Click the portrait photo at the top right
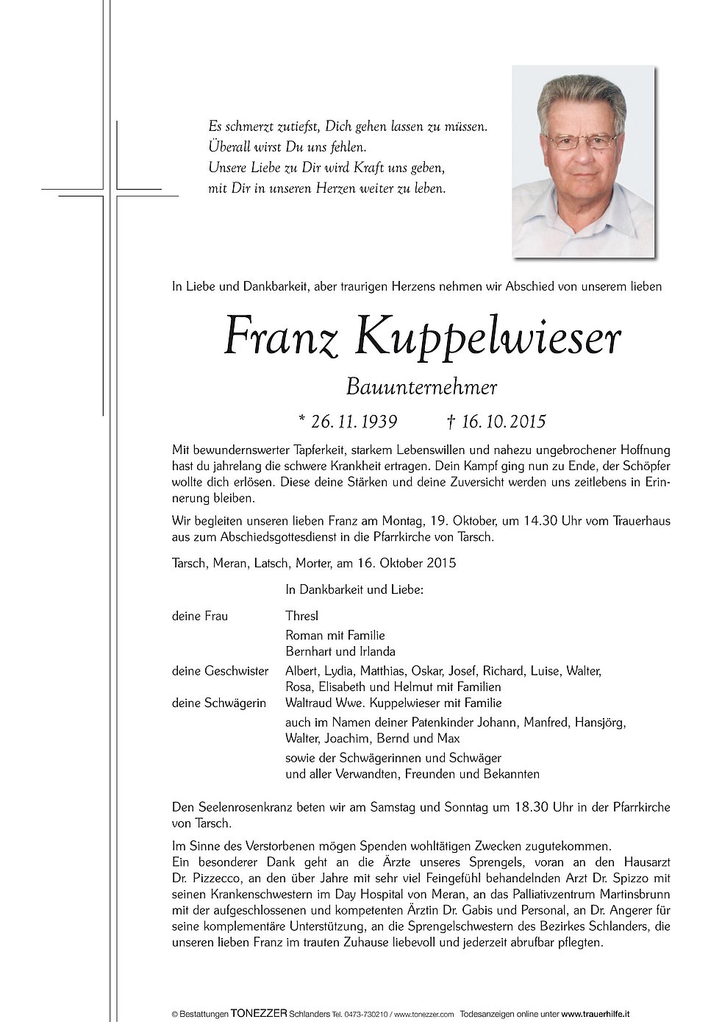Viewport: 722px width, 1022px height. [583, 162]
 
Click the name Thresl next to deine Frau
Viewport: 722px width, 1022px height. [302, 616]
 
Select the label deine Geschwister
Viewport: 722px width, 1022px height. [210, 671]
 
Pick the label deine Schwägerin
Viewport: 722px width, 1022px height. [208, 703]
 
